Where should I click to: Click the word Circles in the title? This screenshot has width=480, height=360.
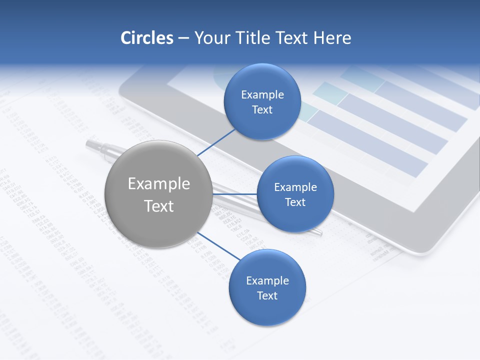[x=146, y=38]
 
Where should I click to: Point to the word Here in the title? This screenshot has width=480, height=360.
[x=332, y=38]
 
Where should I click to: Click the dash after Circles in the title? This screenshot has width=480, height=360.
[x=183, y=38]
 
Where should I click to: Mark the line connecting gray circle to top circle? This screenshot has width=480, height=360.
[x=216, y=142]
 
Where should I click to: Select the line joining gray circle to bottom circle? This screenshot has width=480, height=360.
[x=219, y=246]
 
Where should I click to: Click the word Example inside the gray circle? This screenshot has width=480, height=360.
[x=159, y=183]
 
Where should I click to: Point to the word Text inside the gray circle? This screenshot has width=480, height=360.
[x=159, y=206]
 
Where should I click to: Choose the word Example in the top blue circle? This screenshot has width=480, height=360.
[x=262, y=95]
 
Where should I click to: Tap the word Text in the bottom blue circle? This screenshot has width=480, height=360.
[x=267, y=295]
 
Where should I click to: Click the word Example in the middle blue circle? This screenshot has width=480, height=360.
[x=295, y=187]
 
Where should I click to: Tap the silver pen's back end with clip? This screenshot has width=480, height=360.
[x=95, y=145]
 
